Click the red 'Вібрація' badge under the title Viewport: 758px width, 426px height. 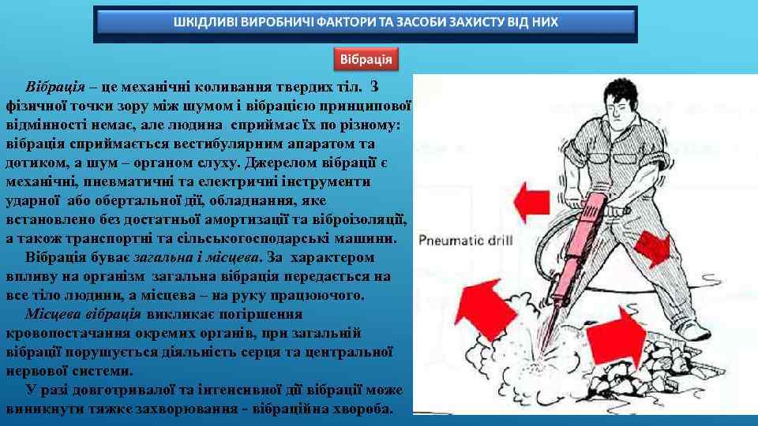(366, 60)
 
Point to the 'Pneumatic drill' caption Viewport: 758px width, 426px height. (466, 239)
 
